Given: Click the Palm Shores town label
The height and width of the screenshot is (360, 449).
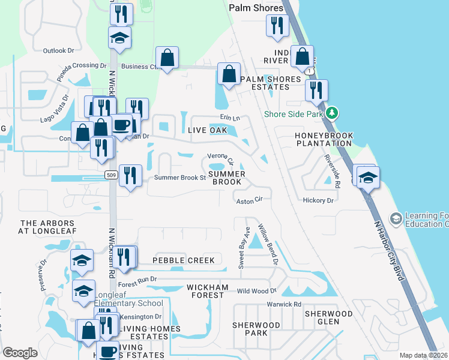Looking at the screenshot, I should [x=256, y=8].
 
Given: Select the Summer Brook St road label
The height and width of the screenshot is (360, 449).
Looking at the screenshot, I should [x=180, y=178].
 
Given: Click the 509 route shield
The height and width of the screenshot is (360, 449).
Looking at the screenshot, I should [x=109, y=175].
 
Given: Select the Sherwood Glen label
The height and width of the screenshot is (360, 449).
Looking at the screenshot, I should [x=328, y=317].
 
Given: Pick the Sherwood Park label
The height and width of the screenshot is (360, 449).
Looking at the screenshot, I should [x=256, y=329].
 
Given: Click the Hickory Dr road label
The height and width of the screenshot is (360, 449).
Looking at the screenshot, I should [x=318, y=200].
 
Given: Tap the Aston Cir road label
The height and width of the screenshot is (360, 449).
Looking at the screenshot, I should [x=250, y=202].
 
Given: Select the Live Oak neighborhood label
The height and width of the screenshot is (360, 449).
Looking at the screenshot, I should [x=207, y=130].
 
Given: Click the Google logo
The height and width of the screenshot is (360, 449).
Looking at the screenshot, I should [x=20, y=353].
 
